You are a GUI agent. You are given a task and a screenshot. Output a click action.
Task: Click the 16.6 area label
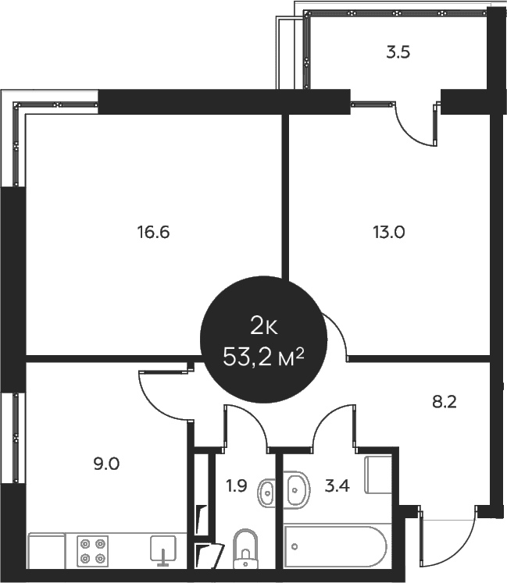(x=153, y=232)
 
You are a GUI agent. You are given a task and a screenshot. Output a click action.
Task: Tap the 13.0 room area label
(x=388, y=232)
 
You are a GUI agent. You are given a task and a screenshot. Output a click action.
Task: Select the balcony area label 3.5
(x=398, y=52)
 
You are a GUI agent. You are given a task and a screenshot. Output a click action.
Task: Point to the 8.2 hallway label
(x=444, y=402)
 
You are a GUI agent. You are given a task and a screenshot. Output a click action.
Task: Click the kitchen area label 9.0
(x=106, y=464)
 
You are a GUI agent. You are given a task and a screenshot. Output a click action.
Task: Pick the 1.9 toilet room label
(x=237, y=485)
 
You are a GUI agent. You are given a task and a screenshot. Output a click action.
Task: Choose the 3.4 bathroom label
(x=337, y=485)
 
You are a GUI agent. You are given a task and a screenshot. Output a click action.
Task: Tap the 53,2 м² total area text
(x=263, y=357)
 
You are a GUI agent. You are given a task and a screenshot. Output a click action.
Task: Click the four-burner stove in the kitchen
(x=93, y=551)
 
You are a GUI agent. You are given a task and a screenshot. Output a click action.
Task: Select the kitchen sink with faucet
(x=163, y=551)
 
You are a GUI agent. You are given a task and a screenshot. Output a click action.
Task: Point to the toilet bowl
(x=245, y=549)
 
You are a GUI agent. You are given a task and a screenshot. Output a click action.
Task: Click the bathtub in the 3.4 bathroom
(x=335, y=546)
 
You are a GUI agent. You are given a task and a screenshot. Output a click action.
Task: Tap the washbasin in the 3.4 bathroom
(x=296, y=490)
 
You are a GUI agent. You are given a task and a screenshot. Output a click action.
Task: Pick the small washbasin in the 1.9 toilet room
(x=266, y=493)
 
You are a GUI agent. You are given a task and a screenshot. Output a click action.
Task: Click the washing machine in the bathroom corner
(x=378, y=475)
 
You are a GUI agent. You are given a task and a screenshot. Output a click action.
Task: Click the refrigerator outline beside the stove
(x=47, y=551)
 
